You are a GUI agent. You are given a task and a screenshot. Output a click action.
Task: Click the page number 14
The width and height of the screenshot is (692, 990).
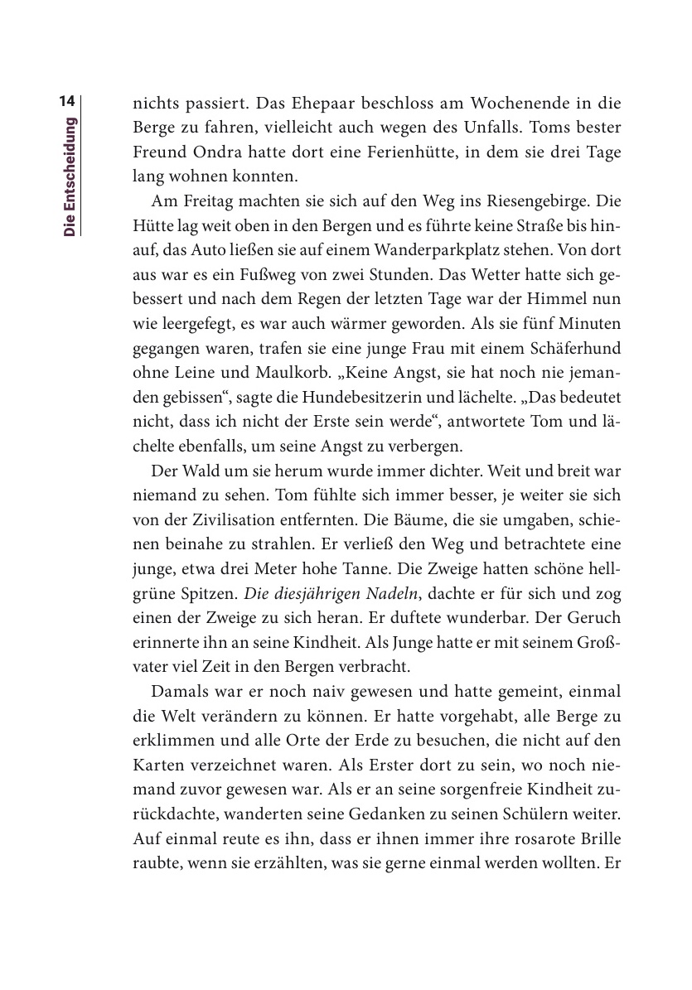coord(68,102)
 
